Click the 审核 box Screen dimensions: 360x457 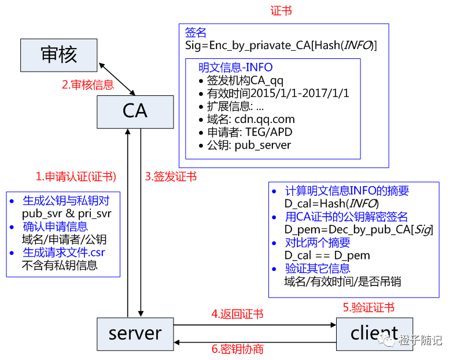(x=58, y=55)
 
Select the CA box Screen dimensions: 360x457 (x=135, y=111)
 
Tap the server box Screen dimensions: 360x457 (x=135, y=333)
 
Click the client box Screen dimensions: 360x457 (x=374, y=333)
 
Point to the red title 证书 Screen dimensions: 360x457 (x=281, y=11)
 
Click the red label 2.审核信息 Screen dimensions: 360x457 (x=88, y=85)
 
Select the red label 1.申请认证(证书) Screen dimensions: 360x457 (x=75, y=176)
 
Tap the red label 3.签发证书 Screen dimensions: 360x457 (x=170, y=176)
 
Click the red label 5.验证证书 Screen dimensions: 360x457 (x=368, y=307)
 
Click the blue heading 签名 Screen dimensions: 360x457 (x=195, y=32)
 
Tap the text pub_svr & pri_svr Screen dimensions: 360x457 (x=66, y=213)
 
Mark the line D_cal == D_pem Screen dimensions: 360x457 (x=327, y=255)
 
